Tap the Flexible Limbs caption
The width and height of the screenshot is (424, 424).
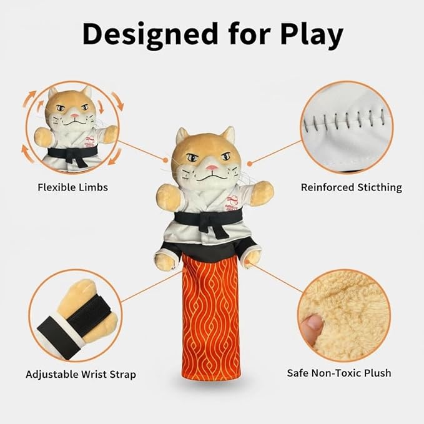[x=72, y=187]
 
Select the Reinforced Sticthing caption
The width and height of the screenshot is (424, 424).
[x=351, y=187]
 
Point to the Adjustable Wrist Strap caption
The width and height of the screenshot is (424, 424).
[x=81, y=375]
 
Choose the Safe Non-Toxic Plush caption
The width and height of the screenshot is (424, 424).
[x=339, y=373]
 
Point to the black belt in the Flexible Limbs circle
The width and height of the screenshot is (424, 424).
[x=74, y=151]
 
